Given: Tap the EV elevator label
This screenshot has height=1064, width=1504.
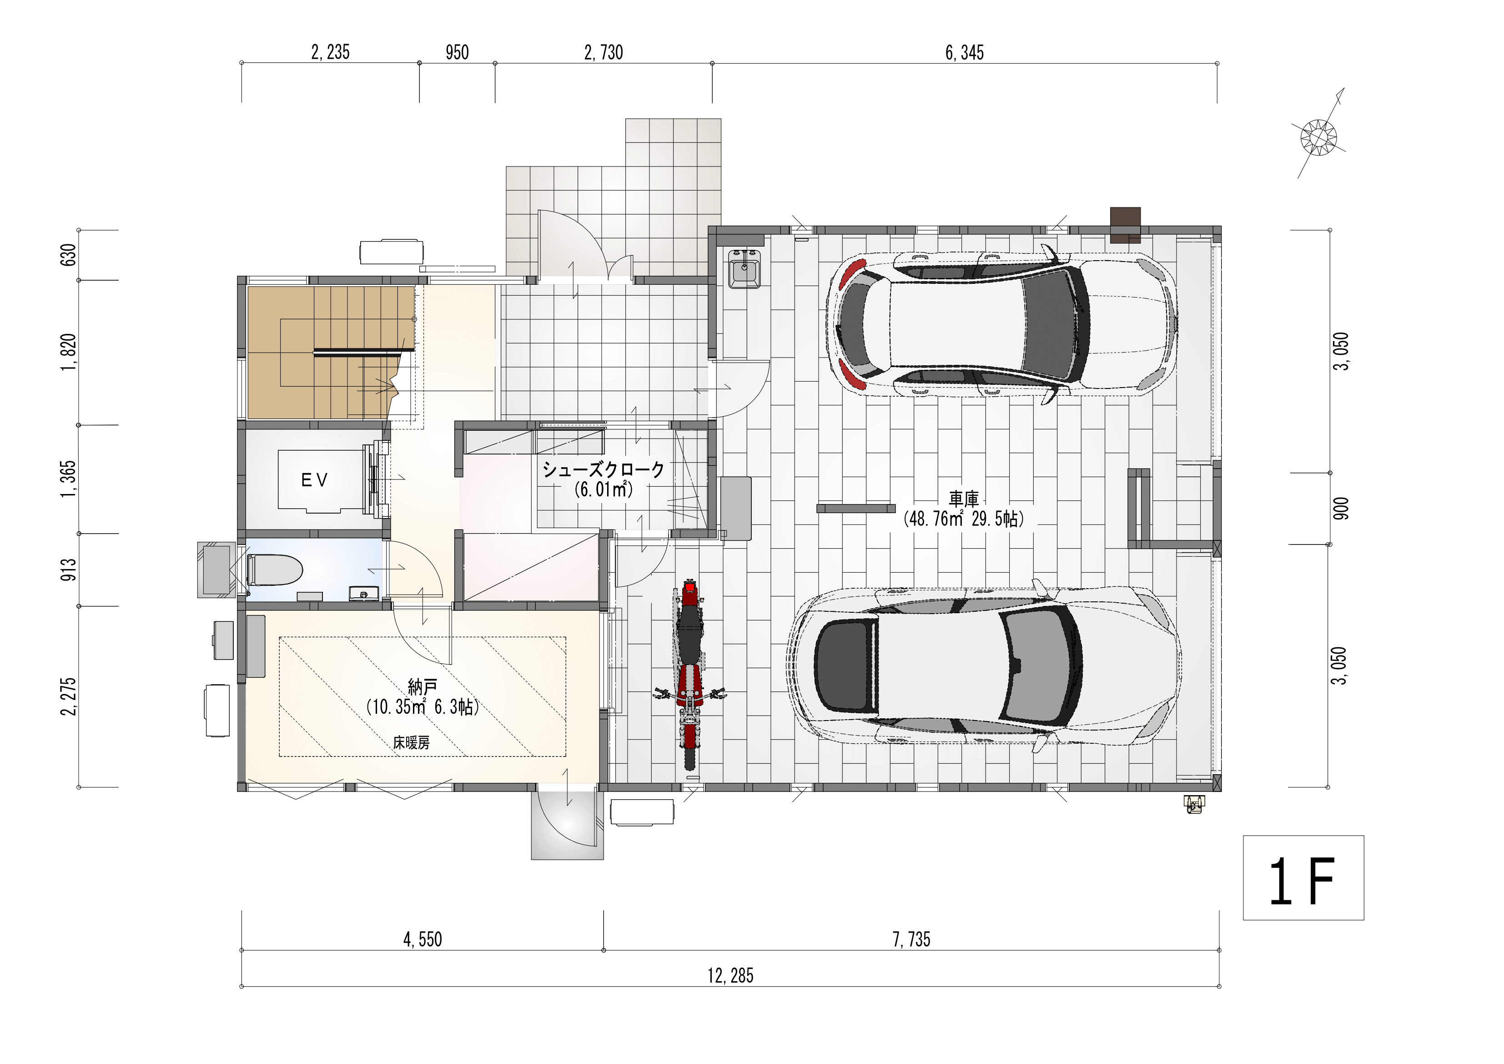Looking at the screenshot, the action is point(314,480).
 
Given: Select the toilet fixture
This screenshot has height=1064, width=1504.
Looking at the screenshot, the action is point(274,570).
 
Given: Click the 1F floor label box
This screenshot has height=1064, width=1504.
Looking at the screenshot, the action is point(1303,877).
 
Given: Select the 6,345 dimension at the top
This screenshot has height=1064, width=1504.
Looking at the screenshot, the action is point(964,52).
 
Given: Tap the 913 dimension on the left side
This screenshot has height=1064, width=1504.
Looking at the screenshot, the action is point(69,570).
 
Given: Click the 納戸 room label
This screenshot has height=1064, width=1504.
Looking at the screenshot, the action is point(423,687).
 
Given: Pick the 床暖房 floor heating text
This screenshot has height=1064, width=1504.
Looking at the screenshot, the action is point(412,742).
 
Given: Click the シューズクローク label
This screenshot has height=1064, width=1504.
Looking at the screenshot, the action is point(604,469).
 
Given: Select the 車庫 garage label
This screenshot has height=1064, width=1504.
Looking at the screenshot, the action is point(964,499).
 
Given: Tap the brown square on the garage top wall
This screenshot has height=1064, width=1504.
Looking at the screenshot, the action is point(1125,225).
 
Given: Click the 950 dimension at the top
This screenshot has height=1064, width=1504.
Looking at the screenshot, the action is point(457,52).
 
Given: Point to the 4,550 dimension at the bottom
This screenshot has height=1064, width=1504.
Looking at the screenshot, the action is point(423,939).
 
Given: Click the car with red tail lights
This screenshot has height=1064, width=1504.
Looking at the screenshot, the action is point(1003,323).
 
